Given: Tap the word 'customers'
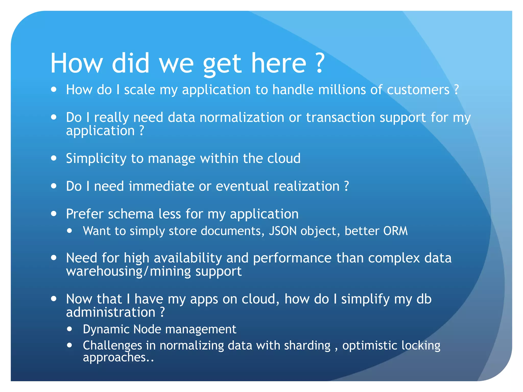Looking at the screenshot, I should click(x=418, y=90).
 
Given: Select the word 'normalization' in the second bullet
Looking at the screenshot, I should click(x=242, y=118).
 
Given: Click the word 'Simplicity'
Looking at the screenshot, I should click(x=96, y=159).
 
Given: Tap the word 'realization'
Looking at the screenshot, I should click(x=306, y=186).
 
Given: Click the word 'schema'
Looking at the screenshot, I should click(x=131, y=214).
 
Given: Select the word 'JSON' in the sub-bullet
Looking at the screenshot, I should click(x=283, y=231).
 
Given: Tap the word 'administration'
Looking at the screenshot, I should click(x=111, y=312).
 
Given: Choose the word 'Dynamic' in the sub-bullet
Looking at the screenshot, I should click(x=106, y=329).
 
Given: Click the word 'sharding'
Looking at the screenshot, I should click(x=307, y=346).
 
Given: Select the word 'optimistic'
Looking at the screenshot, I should click(x=370, y=346).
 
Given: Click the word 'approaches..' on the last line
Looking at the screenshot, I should click(x=118, y=358).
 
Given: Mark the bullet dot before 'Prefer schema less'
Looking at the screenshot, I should click(x=54, y=214).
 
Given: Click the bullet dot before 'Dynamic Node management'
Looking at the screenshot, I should click(x=69, y=329).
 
